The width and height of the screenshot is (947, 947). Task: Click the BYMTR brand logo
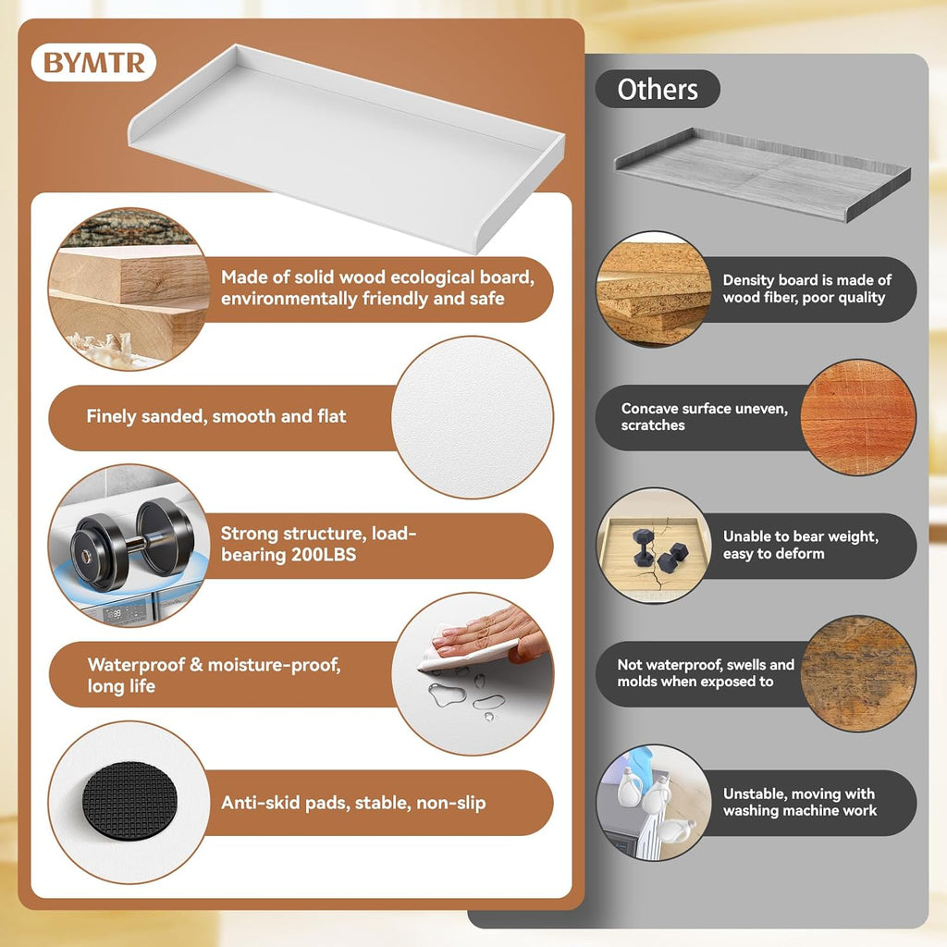pyautogui.click(x=93, y=62)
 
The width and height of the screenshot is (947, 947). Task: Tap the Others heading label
pyautogui.click(x=658, y=90)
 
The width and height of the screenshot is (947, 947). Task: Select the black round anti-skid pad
pyautogui.click(x=129, y=802)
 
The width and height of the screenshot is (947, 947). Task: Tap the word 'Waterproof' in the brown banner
pyautogui.click(x=136, y=664)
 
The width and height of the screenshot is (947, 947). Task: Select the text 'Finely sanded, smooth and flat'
pyautogui.click(x=216, y=416)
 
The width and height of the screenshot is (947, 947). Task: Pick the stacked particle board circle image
pyautogui.click(x=654, y=289)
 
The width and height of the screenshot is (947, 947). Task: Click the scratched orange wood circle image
pyautogui.click(x=858, y=417)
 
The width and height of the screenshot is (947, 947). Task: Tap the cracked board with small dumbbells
pyautogui.click(x=654, y=546)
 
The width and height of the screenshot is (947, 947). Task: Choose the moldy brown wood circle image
pyautogui.click(x=858, y=673)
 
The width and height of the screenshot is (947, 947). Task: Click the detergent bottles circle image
pyautogui.click(x=654, y=802)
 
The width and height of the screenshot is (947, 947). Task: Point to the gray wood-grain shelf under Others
pyautogui.click(x=762, y=173)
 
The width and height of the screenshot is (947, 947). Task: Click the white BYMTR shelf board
pyautogui.click(x=347, y=147)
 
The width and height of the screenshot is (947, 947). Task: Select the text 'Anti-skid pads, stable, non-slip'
pyautogui.click(x=353, y=803)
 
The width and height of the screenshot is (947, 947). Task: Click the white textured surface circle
pyautogui.click(x=473, y=417)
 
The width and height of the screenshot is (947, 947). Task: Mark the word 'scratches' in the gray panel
pyautogui.click(x=653, y=425)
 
